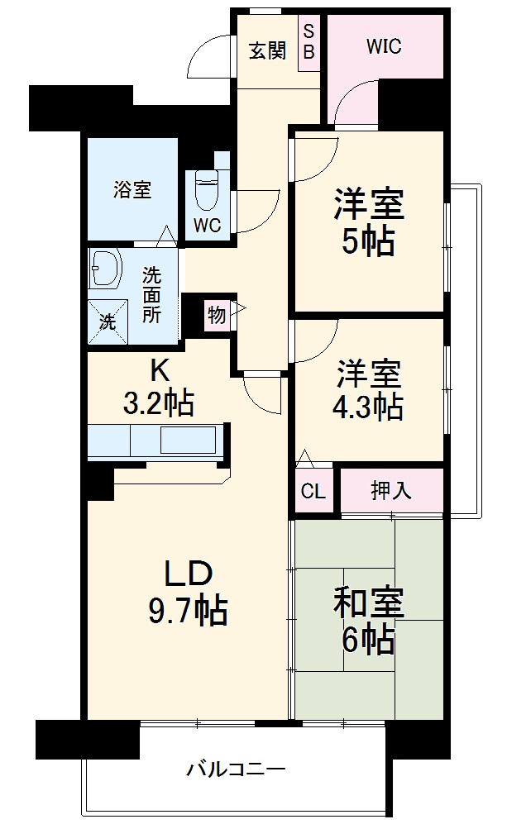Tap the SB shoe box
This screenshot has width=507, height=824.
pyautogui.click(x=309, y=42)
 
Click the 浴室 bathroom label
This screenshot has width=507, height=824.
pyautogui.click(x=132, y=189)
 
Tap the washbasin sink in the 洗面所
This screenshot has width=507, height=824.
pyautogui.click(x=106, y=268)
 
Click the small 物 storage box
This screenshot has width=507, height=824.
pyautogui.click(x=217, y=314)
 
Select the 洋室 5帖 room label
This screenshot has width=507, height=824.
pyautogui.click(x=369, y=221)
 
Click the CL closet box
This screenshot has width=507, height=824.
pyautogui.click(x=313, y=492)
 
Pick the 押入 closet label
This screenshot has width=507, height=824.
pyautogui.click(x=390, y=491)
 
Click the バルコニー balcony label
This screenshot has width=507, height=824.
pyautogui.click(x=236, y=769)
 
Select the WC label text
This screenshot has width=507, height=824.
pyautogui.click(x=208, y=226)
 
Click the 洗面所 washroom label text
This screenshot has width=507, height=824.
pyautogui.click(x=151, y=293)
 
